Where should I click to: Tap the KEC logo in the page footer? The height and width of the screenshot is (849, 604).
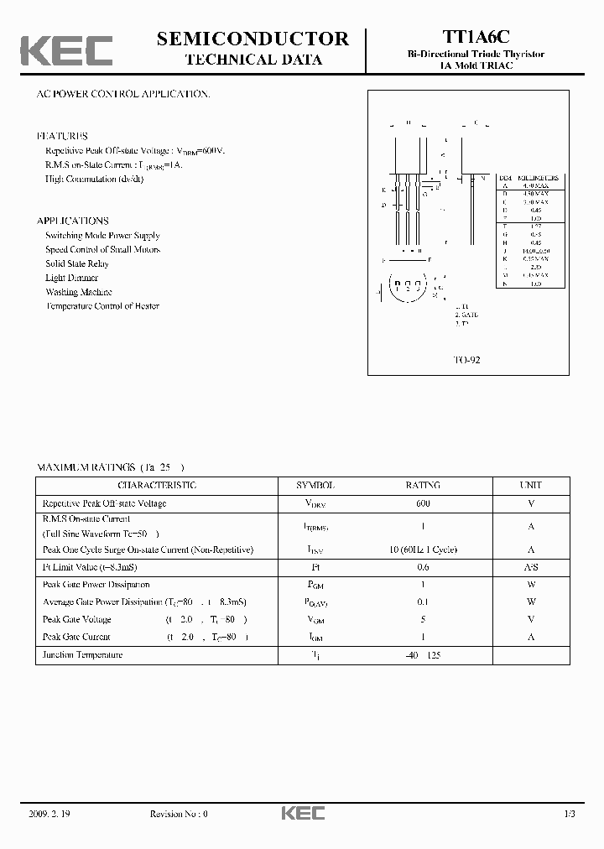pos(302,813)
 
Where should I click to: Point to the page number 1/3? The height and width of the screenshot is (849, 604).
pos(570,814)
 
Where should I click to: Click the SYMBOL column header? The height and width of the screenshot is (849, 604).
pos(315,486)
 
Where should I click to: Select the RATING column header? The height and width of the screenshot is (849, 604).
pos(423,486)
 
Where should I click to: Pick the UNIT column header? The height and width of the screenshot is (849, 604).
pos(531,486)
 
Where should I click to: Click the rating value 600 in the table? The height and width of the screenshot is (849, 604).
pos(423,503)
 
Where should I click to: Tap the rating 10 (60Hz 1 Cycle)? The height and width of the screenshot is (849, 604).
pos(423,550)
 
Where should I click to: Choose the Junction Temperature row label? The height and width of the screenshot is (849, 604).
pos(82,654)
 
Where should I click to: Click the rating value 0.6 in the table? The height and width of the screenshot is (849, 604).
pos(423,567)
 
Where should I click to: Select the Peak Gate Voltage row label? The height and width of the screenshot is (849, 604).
pos(76,619)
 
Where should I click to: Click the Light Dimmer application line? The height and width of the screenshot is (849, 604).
pos(71,278)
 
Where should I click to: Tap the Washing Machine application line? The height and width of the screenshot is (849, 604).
pos(79,292)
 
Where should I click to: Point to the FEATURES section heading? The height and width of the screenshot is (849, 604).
pos(62,136)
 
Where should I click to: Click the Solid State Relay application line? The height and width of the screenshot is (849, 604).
pos(77,263)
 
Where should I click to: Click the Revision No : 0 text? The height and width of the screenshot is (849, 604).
pos(178,814)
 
